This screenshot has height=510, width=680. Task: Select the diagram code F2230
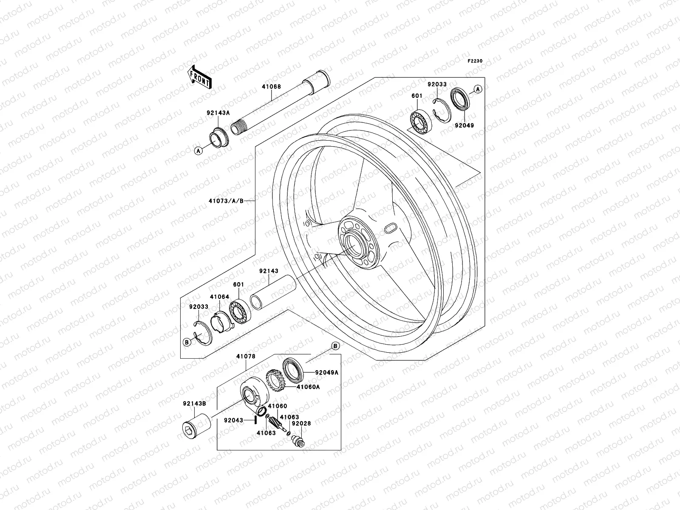pyautogui.click(x=475, y=61)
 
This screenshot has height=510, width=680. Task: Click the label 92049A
pyautogui.click(x=327, y=372)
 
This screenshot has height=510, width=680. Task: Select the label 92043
pyautogui.click(x=234, y=420)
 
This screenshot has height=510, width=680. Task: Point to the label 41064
pyautogui.click(x=219, y=297)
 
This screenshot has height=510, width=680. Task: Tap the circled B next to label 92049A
pyautogui.click(x=335, y=346)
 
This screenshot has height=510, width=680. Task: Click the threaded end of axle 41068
pyautogui.click(x=238, y=127)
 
